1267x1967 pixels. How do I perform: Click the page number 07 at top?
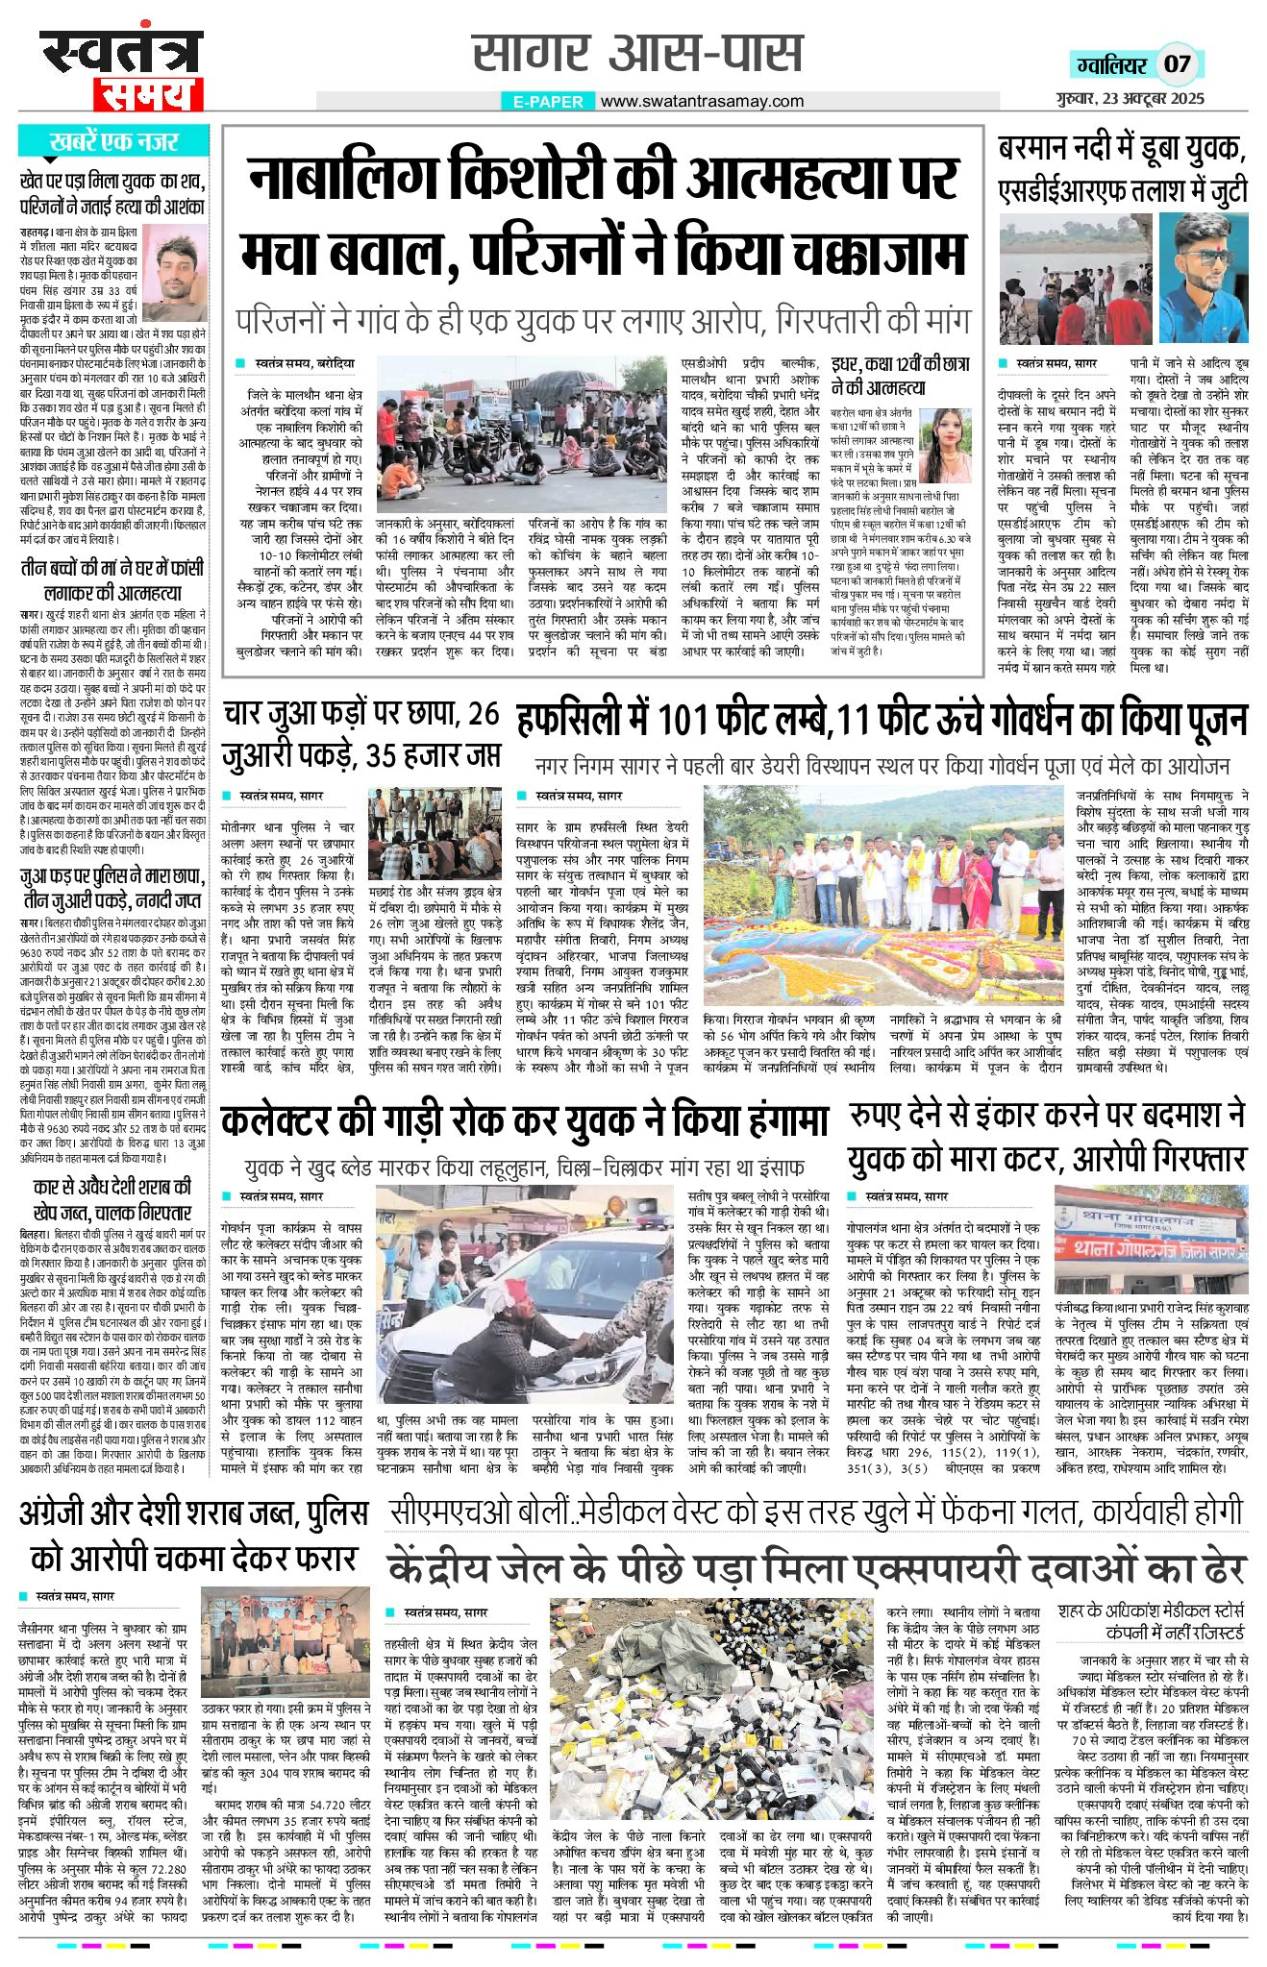1177,64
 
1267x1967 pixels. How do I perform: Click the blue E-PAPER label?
548,101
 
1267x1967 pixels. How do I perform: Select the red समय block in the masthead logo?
148,93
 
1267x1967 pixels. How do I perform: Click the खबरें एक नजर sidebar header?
113,142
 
